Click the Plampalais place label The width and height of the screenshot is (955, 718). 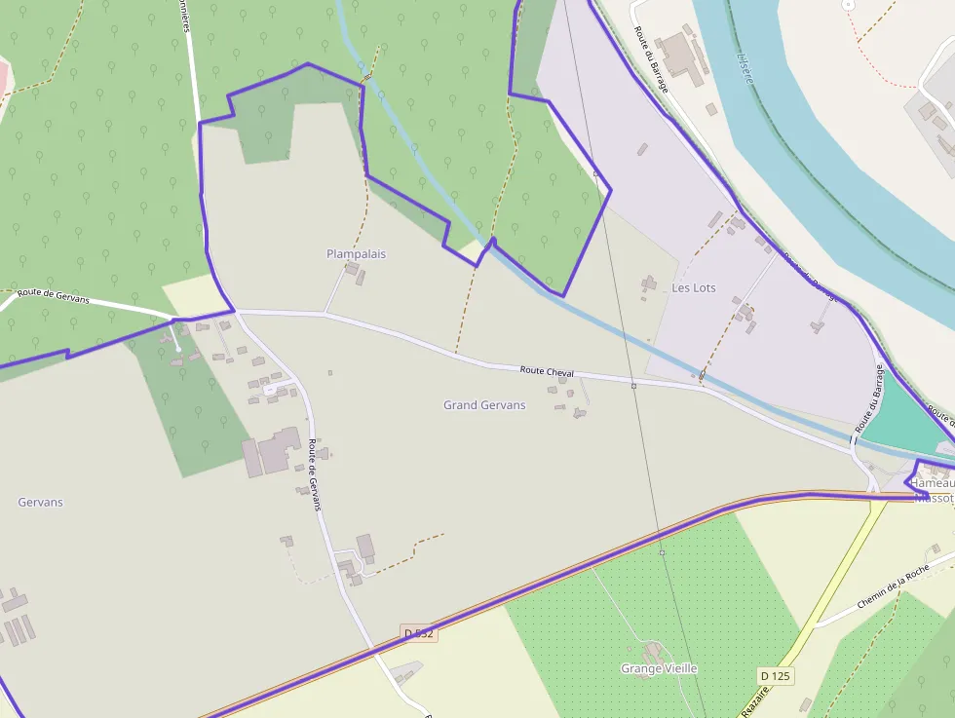coord(356,254)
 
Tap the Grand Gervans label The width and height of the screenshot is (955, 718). coord(484,405)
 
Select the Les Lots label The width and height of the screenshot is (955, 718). coord(694,288)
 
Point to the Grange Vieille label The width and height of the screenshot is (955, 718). coord(659,669)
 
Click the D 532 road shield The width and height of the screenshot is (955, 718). coord(418,633)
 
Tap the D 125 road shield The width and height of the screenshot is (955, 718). coord(775,675)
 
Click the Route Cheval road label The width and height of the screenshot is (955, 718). coord(547,371)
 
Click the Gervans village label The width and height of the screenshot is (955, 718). coord(40,503)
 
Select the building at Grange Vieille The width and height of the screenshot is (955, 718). coord(652,651)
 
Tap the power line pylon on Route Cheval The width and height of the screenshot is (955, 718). coord(633,386)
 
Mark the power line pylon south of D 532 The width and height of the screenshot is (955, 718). coord(662,552)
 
